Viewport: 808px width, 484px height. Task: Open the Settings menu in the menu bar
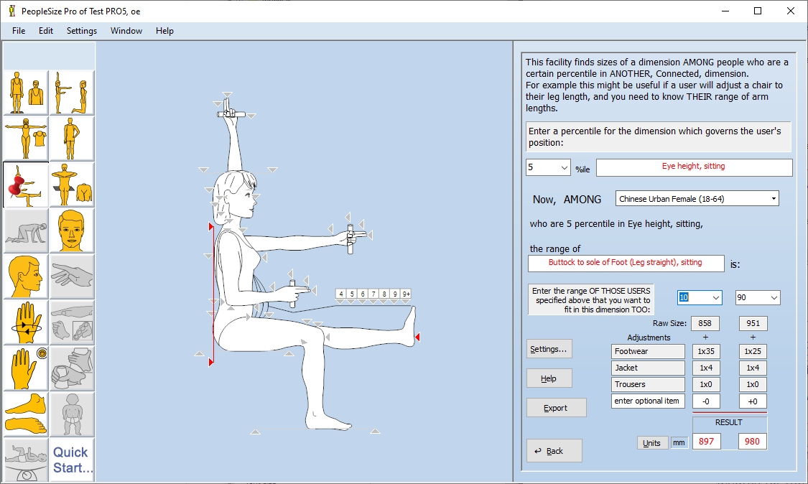pyautogui.click(x=82, y=31)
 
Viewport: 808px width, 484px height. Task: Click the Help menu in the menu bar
pyautogui.click(x=164, y=31)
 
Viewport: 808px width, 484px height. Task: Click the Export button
pyautogui.click(x=556, y=408)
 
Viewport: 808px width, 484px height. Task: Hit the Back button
pyautogui.click(x=554, y=451)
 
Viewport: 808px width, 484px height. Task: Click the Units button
pyautogui.click(x=651, y=443)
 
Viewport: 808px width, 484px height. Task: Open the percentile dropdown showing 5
pyautogui.click(x=548, y=167)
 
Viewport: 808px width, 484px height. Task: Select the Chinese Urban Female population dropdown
pyautogui.click(x=697, y=198)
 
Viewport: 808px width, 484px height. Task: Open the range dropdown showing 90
pyautogui.click(x=757, y=297)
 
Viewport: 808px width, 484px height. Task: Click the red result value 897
pyautogui.click(x=706, y=442)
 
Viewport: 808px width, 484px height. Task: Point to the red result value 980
pyautogui.click(x=752, y=442)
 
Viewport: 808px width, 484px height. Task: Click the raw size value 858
pyautogui.click(x=705, y=324)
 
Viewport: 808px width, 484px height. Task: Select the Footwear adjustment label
pyautogui.click(x=648, y=352)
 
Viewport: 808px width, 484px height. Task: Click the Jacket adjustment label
pyautogui.click(x=648, y=368)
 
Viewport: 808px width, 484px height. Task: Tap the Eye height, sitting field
pyautogui.click(x=694, y=167)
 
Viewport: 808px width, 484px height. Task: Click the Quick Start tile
pyautogui.click(x=72, y=460)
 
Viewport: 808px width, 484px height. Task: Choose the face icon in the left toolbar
pyautogui.click(x=72, y=231)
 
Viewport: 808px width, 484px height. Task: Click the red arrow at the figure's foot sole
pyautogui.click(x=418, y=337)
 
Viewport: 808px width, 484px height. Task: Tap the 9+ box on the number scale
pyautogui.click(x=406, y=294)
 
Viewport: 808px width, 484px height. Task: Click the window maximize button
pyautogui.click(x=758, y=11)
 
